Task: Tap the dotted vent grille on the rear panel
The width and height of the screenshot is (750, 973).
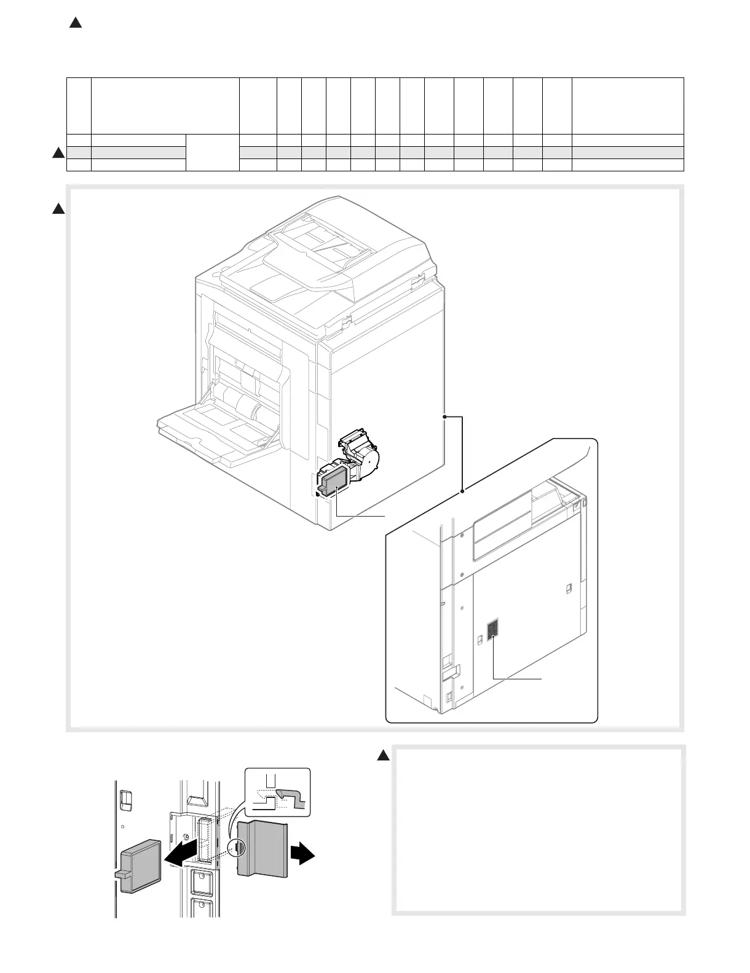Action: pos(492,631)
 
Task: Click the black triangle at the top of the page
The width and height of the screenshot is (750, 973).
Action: pos(75,23)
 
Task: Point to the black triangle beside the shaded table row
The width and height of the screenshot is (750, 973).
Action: pos(58,153)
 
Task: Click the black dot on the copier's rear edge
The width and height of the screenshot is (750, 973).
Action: pos(444,417)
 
